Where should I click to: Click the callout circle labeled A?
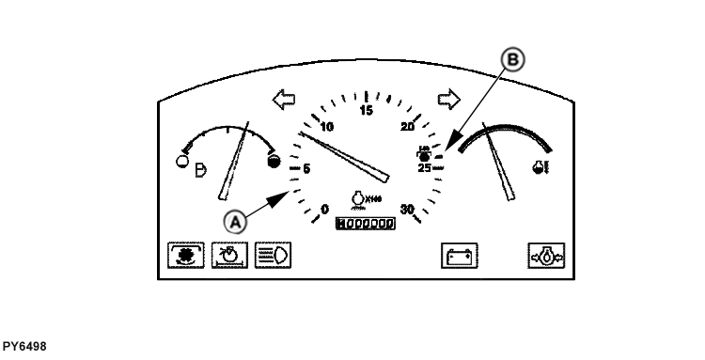(236, 220)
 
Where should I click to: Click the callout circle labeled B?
(512, 60)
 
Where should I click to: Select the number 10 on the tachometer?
(327, 128)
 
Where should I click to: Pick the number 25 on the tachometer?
(424, 168)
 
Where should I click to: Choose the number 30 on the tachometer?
(408, 210)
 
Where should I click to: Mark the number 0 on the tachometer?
(325, 210)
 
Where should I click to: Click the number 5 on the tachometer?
(307, 169)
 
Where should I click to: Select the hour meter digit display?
(366, 223)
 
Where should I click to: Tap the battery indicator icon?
(460, 255)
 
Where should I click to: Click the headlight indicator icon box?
(273, 255)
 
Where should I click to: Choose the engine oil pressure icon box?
(545, 255)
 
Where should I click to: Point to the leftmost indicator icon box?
(185, 255)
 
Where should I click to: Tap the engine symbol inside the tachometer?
(358, 200)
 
